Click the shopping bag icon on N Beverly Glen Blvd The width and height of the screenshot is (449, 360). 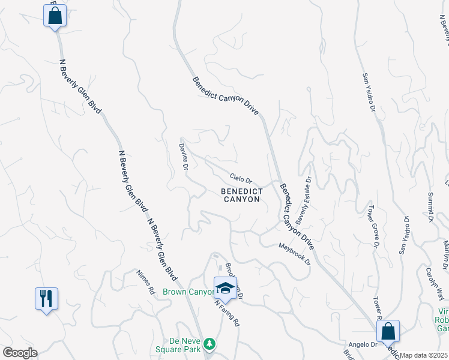pyautogui.click(x=55, y=16)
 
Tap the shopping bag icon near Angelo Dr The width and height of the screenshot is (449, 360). pyautogui.click(x=388, y=331)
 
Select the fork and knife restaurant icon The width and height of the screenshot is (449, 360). pyautogui.click(x=46, y=298)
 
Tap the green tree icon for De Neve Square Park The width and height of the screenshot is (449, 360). pyautogui.click(x=209, y=344)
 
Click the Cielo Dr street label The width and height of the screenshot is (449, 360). pyautogui.click(x=241, y=178)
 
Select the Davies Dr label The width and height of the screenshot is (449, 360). pyautogui.click(x=184, y=155)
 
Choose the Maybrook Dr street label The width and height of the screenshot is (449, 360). pyautogui.click(x=294, y=254)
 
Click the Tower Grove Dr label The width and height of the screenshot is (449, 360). pyautogui.click(x=373, y=229)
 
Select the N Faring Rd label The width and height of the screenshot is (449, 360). pyautogui.click(x=228, y=312)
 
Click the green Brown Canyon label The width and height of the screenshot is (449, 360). pyautogui.click(x=188, y=292)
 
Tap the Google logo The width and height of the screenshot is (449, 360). pyautogui.click(x=19, y=353)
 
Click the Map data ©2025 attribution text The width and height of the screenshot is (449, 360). pyautogui.click(x=424, y=355)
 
